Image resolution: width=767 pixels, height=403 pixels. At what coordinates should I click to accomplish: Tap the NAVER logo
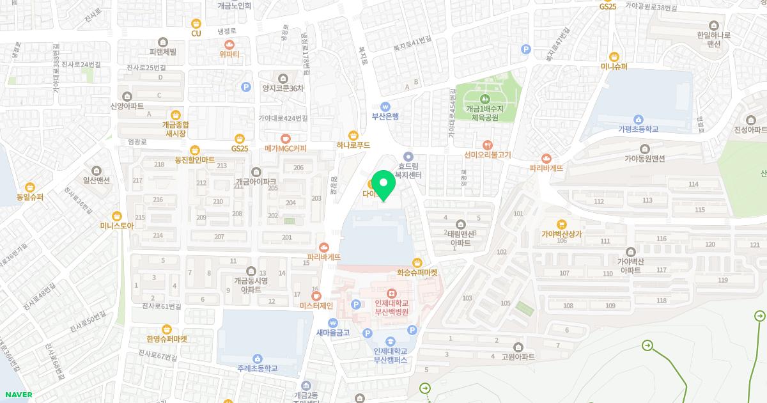(17, 395)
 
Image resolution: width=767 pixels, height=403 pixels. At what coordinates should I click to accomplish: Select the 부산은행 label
(385, 116)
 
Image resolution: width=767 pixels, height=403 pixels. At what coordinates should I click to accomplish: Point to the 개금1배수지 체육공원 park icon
(485, 99)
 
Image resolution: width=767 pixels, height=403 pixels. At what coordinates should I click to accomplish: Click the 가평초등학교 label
(638, 129)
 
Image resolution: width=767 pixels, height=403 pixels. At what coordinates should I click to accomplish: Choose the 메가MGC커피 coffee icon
(286, 138)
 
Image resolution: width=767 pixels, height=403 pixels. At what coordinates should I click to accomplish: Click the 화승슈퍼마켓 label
(417, 272)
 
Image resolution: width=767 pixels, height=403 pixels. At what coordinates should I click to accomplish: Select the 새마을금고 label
(333, 333)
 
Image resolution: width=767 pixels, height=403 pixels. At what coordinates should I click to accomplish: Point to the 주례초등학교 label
(257, 368)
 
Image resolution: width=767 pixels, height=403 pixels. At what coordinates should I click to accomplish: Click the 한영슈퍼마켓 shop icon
(167, 329)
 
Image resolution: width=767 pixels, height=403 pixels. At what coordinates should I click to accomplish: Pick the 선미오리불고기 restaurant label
(488, 155)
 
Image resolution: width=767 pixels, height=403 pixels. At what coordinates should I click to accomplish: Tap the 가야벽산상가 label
(562, 234)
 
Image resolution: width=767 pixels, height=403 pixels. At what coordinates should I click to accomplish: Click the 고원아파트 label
(518, 356)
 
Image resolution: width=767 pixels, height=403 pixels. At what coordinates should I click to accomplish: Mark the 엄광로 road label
(137, 141)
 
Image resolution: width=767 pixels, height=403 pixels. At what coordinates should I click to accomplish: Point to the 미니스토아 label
(116, 225)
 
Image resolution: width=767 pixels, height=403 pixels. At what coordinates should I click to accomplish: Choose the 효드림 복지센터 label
(408, 168)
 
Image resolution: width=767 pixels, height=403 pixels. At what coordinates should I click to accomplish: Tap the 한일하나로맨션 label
(713, 40)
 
